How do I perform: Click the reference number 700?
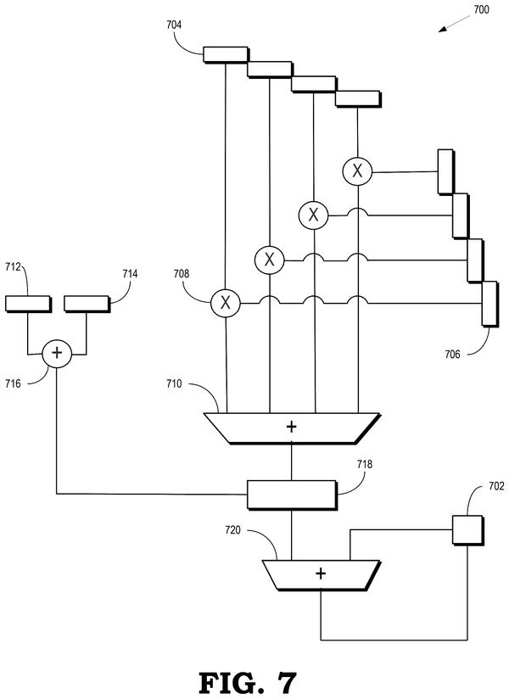coord(481,9)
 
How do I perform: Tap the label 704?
coord(174,25)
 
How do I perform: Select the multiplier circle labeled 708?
coord(226,303)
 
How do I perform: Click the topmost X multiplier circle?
coord(357,171)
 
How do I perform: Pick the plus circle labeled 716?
coord(57,354)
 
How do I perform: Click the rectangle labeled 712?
coord(28,304)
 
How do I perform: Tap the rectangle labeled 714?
coord(87,304)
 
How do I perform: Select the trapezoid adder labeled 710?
coord(292,428)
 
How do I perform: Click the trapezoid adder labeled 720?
coord(321,575)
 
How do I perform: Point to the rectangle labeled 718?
coord(292,495)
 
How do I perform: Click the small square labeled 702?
coord(467,530)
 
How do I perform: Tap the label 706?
coord(452,355)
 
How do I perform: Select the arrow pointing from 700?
coord(454,24)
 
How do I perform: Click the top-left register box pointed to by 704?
coord(226,54)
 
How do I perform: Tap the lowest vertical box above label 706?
coord(489,304)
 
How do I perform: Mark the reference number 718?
coord(365,465)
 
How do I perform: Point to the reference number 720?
coord(232,530)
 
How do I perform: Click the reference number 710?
coord(174,383)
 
